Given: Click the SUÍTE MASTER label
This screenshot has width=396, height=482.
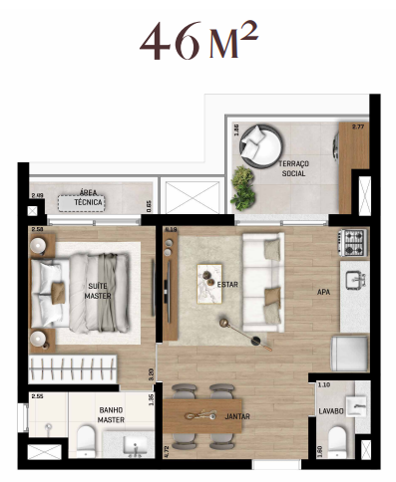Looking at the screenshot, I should pyautogui.click(x=97, y=292).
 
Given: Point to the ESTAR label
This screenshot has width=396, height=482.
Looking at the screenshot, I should pyautogui.click(x=227, y=285).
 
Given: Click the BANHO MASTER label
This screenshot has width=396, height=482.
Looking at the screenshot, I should pyautogui.click(x=111, y=414).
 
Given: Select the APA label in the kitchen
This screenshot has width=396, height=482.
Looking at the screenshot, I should pyautogui.click(x=323, y=293).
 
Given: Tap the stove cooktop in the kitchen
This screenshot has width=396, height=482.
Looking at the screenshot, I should pyautogui.click(x=353, y=240).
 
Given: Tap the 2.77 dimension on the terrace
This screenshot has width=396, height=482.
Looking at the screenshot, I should pyautogui.click(x=360, y=127).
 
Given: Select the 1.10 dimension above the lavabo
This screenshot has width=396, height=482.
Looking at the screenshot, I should pyautogui.click(x=323, y=383).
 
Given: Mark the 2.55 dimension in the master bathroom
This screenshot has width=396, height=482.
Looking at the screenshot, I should pyautogui.click(x=37, y=396).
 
